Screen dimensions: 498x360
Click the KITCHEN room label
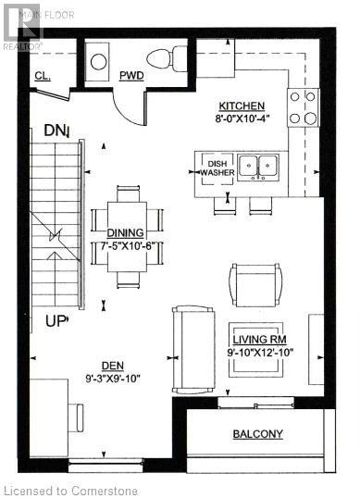242,106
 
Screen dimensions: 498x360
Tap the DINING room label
125,233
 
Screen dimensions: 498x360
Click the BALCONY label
257,434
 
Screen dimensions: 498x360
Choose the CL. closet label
42,75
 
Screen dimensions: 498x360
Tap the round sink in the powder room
99,62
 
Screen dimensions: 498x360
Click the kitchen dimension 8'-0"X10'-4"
242,119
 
